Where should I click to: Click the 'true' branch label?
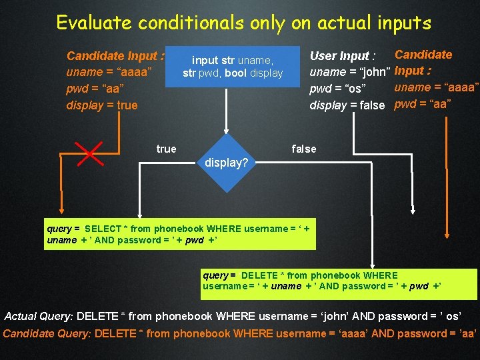point(166,149)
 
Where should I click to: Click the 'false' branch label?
point(303,149)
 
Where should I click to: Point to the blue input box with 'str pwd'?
point(233,67)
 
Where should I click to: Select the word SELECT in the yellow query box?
point(103,229)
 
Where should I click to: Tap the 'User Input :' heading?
point(343,56)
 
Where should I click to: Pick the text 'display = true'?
point(102,105)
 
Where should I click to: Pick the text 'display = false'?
point(347,105)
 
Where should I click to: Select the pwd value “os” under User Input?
point(357,89)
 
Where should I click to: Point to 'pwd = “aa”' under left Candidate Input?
point(95,89)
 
